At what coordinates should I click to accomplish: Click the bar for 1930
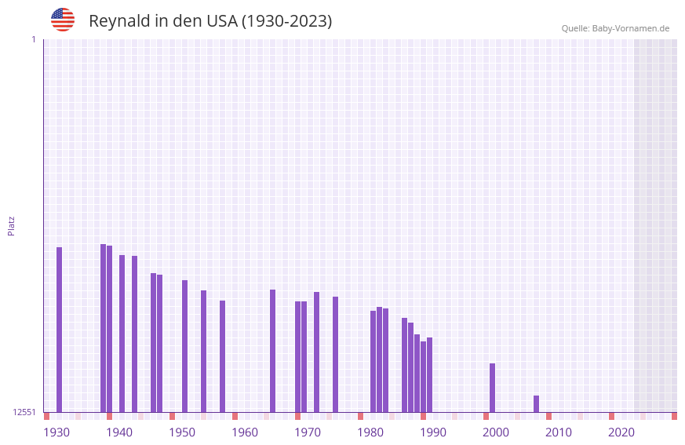(x=59, y=330)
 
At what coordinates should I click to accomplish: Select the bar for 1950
(x=184, y=346)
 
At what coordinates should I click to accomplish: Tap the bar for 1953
(x=203, y=351)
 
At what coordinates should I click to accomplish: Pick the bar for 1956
(x=222, y=356)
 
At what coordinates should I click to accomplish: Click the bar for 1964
(x=272, y=351)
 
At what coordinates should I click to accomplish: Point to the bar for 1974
(x=335, y=354)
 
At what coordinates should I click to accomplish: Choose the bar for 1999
(x=492, y=388)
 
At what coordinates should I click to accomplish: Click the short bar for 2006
(x=536, y=403)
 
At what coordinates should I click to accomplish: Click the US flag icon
(x=63, y=20)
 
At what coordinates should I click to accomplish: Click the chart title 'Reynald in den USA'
(x=210, y=21)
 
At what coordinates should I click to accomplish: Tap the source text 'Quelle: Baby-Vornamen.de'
(x=615, y=28)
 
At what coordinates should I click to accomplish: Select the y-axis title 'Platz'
(x=11, y=225)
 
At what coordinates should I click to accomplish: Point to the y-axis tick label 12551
(x=24, y=412)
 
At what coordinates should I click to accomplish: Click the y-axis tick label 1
(x=33, y=39)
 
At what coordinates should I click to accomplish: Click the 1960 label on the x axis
(x=245, y=432)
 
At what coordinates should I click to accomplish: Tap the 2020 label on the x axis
(x=621, y=432)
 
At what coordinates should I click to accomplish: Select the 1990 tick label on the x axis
(x=433, y=432)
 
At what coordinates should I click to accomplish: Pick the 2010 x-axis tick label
(x=559, y=432)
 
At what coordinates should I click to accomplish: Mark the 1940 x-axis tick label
(x=119, y=432)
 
